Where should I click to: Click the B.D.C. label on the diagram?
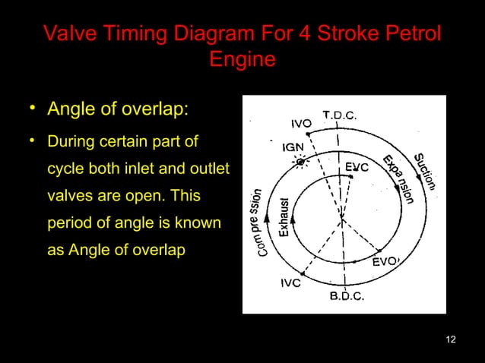346,296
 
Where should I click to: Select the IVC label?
290,283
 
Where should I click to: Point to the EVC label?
357,166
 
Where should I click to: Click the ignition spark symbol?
302,163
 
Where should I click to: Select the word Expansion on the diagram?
398,180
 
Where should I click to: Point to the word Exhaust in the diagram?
283,220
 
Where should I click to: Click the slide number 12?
451,338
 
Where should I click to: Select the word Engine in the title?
242,59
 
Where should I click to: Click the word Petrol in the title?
411,34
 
